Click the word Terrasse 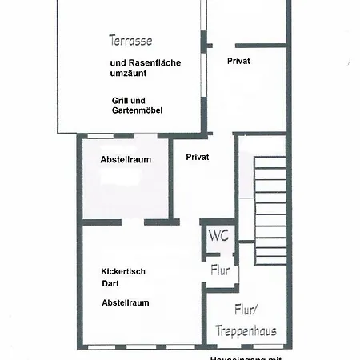(x=130, y=39)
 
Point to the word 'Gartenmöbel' (x=138, y=110)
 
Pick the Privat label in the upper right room (x=238, y=61)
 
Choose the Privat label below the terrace (x=197, y=157)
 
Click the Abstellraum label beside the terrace (x=126, y=160)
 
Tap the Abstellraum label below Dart (x=126, y=302)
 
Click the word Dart (x=110, y=283)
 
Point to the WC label (x=218, y=236)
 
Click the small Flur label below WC (x=220, y=270)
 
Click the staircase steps (x=270, y=212)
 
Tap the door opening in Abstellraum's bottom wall (x=133, y=222)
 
